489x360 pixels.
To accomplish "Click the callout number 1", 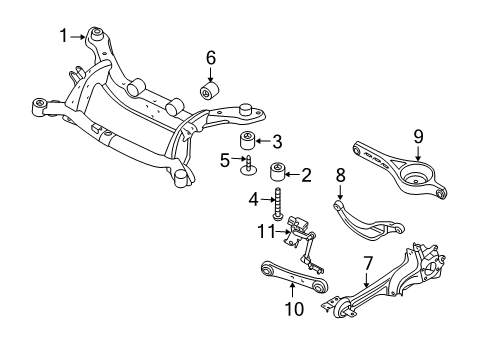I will (x=63, y=35).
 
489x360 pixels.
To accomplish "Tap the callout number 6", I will (x=211, y=57).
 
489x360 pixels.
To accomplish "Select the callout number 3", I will (x=278, y=141).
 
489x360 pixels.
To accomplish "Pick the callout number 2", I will (x=306, y=175).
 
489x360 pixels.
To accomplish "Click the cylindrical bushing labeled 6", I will (x=211, y=92).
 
